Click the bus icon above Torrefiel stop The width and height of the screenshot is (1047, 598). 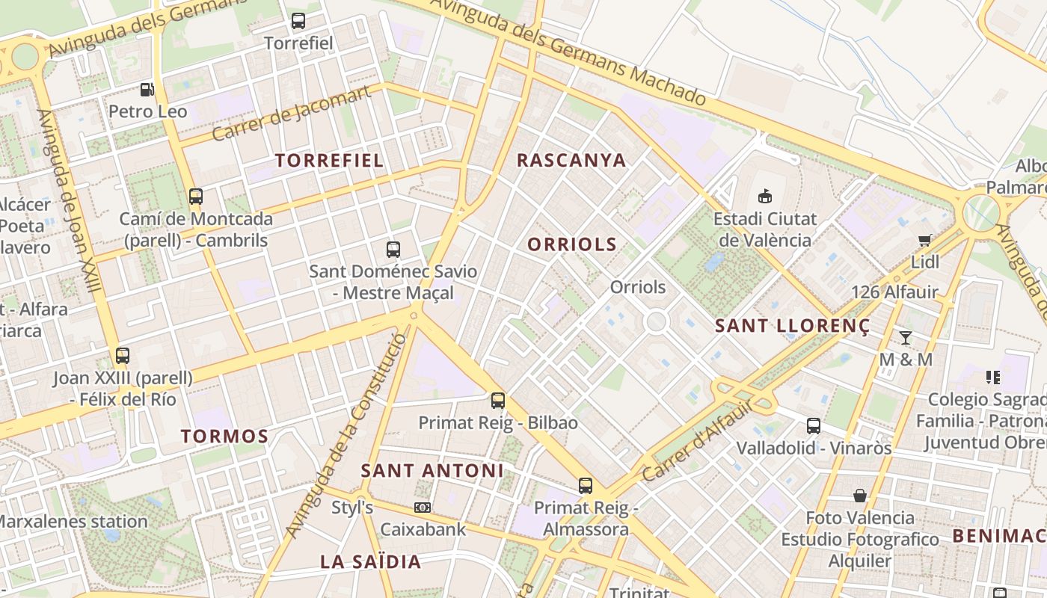(x=298, y=21)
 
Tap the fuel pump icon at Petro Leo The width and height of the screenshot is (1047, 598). (x=147, y=90)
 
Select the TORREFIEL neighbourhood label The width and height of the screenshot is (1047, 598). (x=329, y=160)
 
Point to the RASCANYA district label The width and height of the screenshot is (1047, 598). (x=571, y=160)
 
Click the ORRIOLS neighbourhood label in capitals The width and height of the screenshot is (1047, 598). (x=572, y=244)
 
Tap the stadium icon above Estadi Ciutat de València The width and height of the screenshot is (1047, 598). (x=764, y=197)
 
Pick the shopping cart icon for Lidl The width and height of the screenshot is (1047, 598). (x=925, y=240)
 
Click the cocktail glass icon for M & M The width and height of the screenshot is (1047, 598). (x=906, y=337)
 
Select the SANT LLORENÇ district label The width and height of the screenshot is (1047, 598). (x=793, y=326)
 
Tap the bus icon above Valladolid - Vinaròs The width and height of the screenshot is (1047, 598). (x=814, y=426)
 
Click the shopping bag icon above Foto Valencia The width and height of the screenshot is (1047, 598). (x=860, y=496)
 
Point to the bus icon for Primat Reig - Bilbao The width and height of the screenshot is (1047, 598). (x=498, y=401)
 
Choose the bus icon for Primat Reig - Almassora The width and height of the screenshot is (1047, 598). (x=586, y=486)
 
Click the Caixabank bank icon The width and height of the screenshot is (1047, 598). (x=423, y=508)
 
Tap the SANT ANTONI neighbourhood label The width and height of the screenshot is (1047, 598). (x=432, y=470)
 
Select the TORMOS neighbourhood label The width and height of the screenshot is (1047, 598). (x=224, y=437)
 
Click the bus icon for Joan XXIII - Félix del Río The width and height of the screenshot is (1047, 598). (x=123, y=356)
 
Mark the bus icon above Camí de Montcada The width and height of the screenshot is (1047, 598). (x=196, y=197)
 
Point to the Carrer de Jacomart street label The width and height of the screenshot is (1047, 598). (x=292, y=114)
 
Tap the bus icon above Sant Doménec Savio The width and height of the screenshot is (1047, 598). (x=393, y=250)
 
